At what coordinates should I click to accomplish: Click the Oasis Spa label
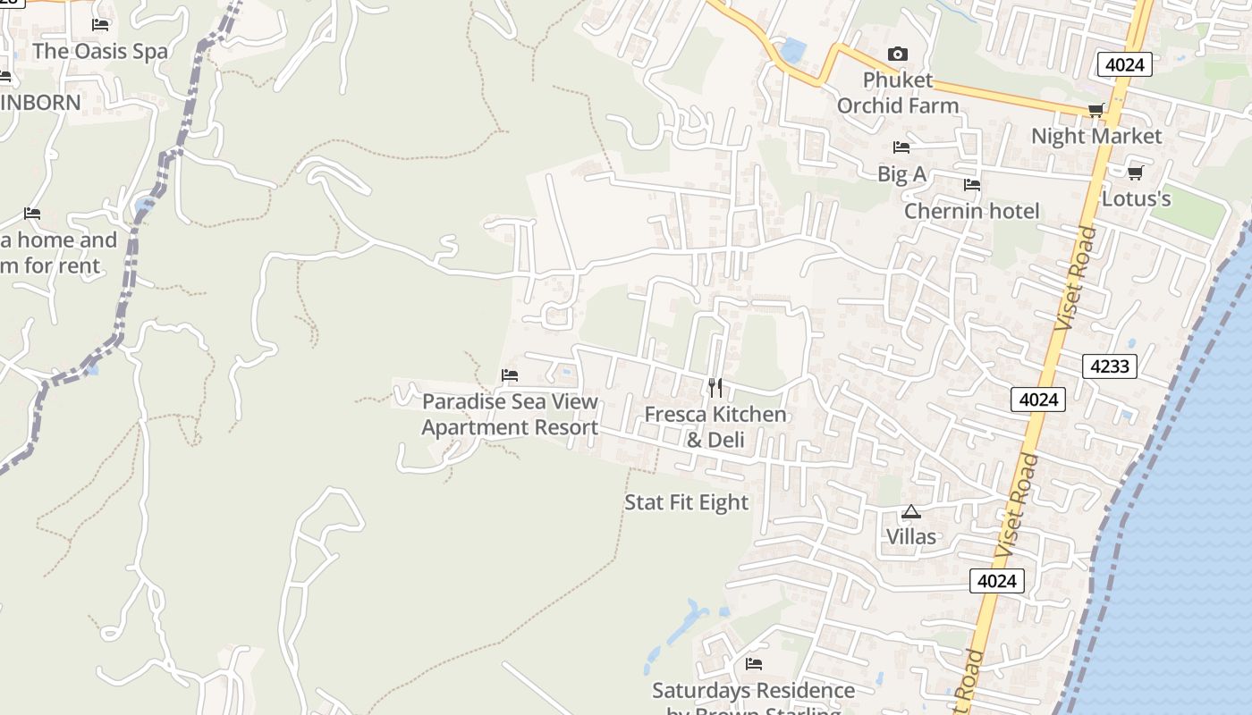click(x=100, y=51)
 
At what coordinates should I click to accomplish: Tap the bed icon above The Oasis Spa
click(x=100, y=24)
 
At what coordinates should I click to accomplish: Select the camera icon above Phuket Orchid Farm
click(x=897, y=55)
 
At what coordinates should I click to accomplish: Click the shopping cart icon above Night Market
click(x=1095, y=110)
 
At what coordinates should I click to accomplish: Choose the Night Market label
click(x=1096, y=136)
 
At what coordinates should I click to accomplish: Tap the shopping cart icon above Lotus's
click(x=1135, y=172)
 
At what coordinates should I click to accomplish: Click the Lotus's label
click(x=1136, y=198)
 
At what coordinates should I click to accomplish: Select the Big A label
click(x=901, y=174)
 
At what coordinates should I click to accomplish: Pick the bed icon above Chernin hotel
click(x=971, y=185)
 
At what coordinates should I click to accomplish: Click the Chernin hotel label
click(x=971, y=211)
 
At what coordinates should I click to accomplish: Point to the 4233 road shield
click(x=1110, y=366)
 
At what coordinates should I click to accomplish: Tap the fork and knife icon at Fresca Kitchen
click(x=715, y=387)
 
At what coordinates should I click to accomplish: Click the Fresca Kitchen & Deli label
click(x=715, y=426)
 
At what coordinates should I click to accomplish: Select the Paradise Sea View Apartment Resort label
click(x=510, y=415)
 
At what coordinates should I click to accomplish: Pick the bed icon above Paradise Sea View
click(x=510, y=374)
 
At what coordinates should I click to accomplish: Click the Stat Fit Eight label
click(x=686, y=502)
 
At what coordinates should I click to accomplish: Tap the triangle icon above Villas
click(x=911, y=512)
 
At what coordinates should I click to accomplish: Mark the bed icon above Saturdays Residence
click(x=754, y=664)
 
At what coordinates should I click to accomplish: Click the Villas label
click(x=911, y=536)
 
